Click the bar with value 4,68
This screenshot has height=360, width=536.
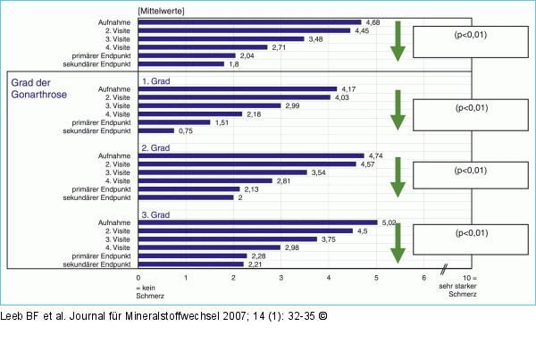pos(250,21)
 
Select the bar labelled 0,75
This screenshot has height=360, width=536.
pos(156,130)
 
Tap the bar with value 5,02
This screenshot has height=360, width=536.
pos(258,222)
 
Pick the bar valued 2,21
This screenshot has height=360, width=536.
pos(192,264)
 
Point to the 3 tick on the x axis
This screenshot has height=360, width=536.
pos(281,280)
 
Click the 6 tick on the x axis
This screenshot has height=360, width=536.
pos(424,280)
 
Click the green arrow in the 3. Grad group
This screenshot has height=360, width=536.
pos(397,244)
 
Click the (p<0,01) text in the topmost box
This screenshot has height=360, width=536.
pos(471,36)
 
